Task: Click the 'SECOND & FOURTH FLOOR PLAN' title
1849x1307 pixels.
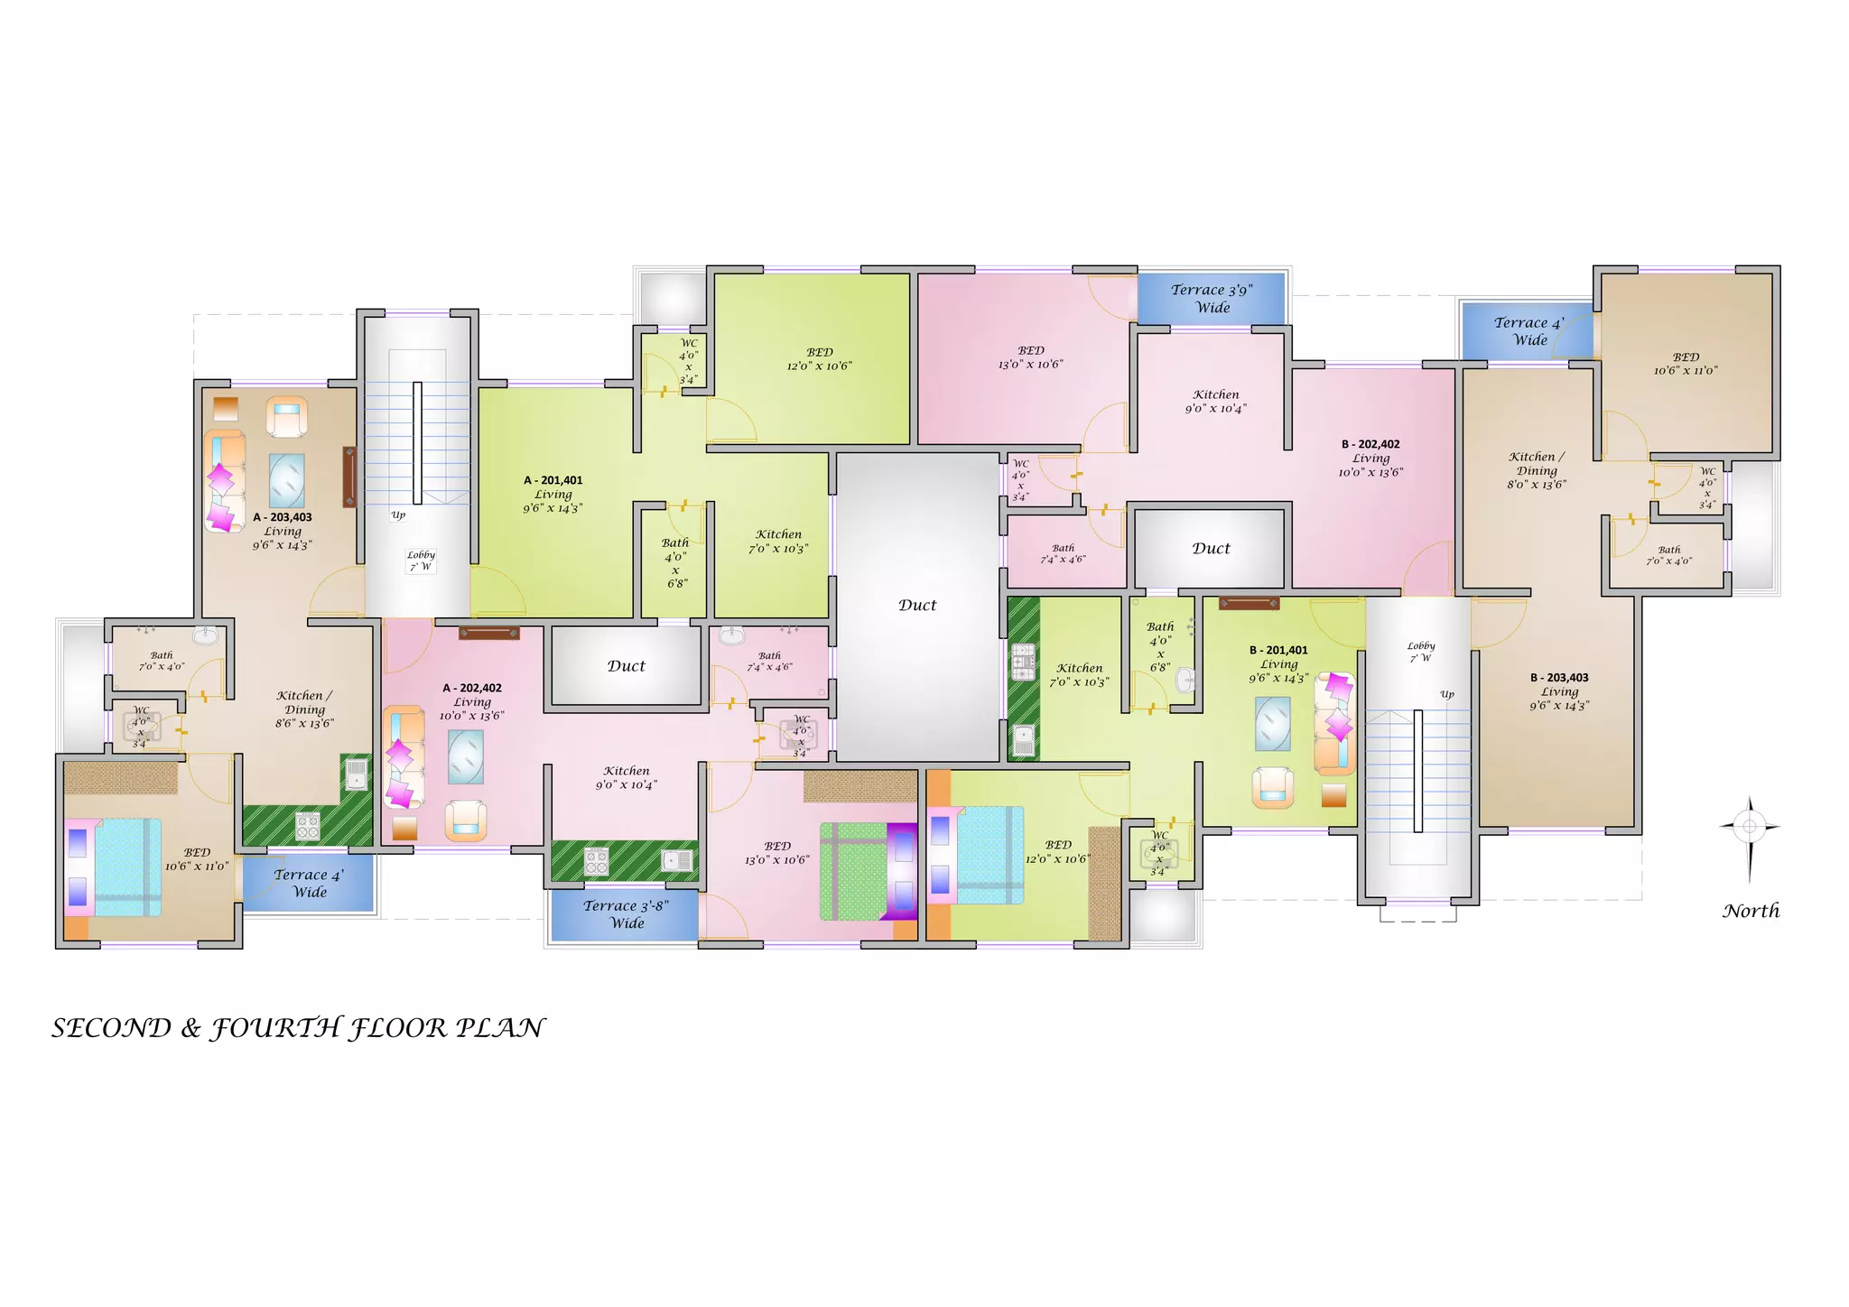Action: [x=298, y=1028]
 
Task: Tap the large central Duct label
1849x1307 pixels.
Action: [x=917, y=605]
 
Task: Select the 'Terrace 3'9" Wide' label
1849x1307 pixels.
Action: [x=1212, y=299]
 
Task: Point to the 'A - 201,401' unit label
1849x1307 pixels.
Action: [x=553, y=480]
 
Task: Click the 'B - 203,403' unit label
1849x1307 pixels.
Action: [x=1559, y=678]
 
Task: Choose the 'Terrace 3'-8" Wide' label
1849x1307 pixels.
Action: [x=626, y=914]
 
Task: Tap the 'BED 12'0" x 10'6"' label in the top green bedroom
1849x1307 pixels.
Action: [x=819, y=359]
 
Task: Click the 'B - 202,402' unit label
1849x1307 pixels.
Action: [x=1370, y=444]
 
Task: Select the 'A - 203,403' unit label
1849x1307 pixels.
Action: [x=283, y=517]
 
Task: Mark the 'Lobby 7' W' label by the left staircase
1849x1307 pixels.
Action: [x=421, y=561]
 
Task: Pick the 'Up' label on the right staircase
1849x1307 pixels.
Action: [x=1447, y=694]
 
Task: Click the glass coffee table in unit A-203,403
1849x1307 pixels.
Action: [x=286, y=481]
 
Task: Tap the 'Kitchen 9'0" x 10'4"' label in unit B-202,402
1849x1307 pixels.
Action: [x=1215, y=402]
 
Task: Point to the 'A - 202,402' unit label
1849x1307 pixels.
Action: [x=472, y=688]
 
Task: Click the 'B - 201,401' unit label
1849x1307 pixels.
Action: [x=1278, y=650]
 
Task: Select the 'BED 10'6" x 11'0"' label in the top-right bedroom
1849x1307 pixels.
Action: [x=1686, y=364]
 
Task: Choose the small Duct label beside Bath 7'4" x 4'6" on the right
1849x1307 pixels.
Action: [x=1211, y=548]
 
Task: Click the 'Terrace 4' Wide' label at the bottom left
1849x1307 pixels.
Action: [x=309, y=884]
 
